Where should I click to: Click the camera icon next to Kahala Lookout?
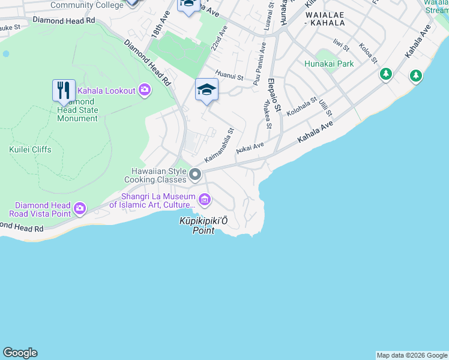click(144, 90)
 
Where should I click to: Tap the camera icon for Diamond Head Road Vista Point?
click(80, 209)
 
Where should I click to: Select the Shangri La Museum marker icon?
click(205, 199)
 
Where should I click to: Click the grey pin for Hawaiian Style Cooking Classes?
click(195, 175)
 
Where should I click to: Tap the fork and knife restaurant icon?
click(64, 91)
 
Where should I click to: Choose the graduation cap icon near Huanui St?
click(206, 90)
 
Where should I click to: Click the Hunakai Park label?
click(329, 64)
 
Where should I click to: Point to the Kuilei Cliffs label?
click(30, 149)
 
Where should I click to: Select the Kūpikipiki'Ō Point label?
click(203, 226)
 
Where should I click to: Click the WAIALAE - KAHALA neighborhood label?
click(325, 18)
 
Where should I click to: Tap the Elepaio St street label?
click(274, 95)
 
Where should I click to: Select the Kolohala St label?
click(301, 107)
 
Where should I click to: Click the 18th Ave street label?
click(158, 28)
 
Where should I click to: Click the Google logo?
click(20, 353)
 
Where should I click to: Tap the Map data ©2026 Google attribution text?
click(412, 355)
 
